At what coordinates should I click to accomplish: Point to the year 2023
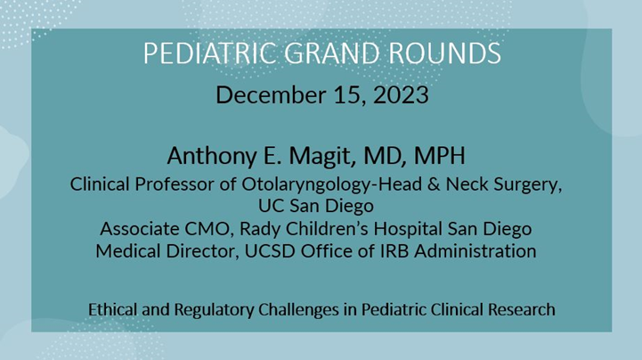tap(397, 94)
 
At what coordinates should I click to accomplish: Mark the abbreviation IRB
tap(399, 251)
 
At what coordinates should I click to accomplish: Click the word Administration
tap(478, 251)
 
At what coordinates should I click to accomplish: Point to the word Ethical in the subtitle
tap(112, 310)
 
